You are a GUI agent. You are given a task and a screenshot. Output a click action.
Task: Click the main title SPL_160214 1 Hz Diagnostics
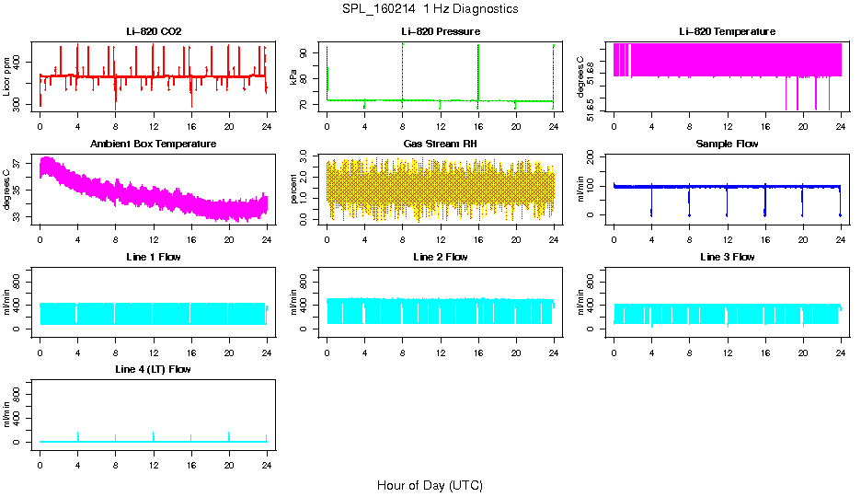click(430, 9)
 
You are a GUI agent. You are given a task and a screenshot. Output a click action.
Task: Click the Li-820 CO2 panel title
click(154, 31)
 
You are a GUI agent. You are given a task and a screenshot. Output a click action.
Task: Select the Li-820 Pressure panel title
click(441, 31)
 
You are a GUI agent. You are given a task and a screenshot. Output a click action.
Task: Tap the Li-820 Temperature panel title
click(727, 31)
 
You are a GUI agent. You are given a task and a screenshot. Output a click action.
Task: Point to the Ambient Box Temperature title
click(154, 144)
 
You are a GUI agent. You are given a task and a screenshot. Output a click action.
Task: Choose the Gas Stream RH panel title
click(441, 144)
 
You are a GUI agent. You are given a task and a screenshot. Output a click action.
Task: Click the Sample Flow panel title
click(727, 144)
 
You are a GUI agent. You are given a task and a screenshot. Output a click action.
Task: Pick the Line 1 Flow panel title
click(154, 257)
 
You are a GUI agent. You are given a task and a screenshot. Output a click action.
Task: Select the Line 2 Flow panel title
click(441, 257)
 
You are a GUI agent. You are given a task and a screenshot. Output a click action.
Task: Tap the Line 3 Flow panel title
click(727, 257)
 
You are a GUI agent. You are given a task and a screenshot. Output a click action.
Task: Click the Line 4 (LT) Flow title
click(154, 369)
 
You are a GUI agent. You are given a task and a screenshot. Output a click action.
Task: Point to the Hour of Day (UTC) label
click(430, 485)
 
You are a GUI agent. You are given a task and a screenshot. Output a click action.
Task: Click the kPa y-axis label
click(293, 77)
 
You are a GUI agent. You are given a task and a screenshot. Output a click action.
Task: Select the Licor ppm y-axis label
click(6, 77)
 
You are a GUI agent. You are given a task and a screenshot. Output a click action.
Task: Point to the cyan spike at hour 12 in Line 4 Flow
click(154, 435)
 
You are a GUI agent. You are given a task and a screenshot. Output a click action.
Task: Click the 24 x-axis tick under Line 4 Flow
click(267, 456)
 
